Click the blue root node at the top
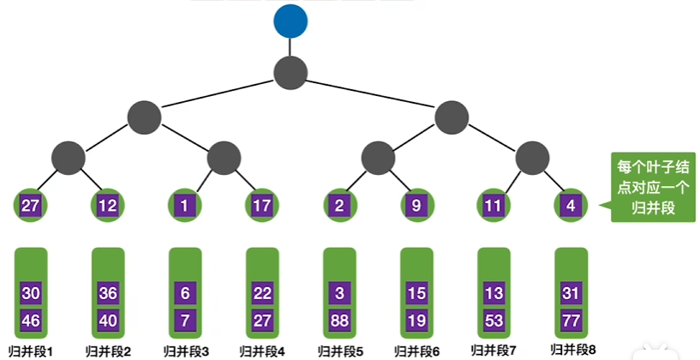coord(290,22)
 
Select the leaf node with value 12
coord(108,206)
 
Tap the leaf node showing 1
coord(184,206)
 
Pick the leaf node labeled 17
coord(262,206)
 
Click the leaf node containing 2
coord(339,206)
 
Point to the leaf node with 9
coord(416,206)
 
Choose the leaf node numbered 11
coord(494,206)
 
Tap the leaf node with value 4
coord(571,206)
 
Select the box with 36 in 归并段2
coord(108,293)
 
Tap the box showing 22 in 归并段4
coord(262,293)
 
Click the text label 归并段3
coord(186,351)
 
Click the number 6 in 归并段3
coord(185,293)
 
